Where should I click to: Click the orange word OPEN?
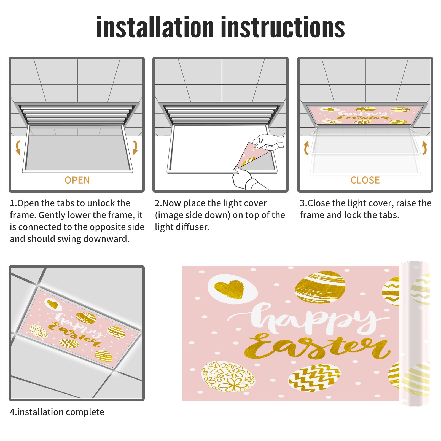pyautogui.click(x=77, y=180)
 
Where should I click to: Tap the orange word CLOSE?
pyautogui.click(x=365, y=180)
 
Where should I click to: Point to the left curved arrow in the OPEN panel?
pyautogui.click(x=18, y=147)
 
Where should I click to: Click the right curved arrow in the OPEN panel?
pyautogui.click(x=135, y=147)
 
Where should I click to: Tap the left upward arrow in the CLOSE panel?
pyautogui.click(x=306, y=147)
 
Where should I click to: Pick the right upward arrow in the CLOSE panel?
pyautogui.click(x=424, y=147)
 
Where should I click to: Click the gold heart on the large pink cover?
pyautogui.click(x=229, y=289)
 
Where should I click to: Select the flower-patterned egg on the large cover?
pyautogui.click(x=228, y=377)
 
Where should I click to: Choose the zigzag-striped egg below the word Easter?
pyautogui.click(x=314, y=378)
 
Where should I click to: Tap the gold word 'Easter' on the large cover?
pyautogui.click(x=317, y=346)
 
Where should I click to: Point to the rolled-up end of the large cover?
pyautogui.click(x=415, y=334)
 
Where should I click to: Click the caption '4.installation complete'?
pyautogui.click(x=57, y=412)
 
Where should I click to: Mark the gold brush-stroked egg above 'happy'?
pyautogui.click(x=320, y=287)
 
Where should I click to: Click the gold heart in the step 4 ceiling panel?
pyautogui.click(x=53, y=304)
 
